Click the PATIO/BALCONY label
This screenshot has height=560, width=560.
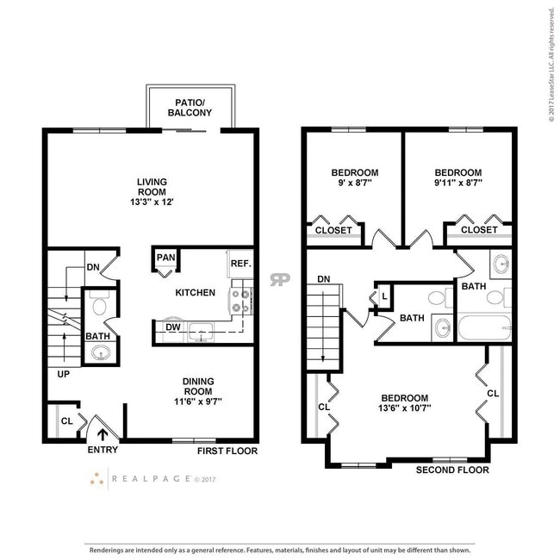click(190, 108)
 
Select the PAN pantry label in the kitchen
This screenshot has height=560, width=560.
click(166, 258)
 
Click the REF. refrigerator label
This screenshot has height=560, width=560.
click(240, 264)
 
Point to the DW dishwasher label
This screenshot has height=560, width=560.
click(171, 327)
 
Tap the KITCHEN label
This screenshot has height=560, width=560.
click(195, 293)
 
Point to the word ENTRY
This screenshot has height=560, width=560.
click(103, 451)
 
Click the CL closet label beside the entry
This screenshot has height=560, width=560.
click(65, 421)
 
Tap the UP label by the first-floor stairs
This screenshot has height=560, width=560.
click(63, 375)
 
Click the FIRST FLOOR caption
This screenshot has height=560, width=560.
click(227, 451)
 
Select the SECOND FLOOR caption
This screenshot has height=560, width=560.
click(452, 470)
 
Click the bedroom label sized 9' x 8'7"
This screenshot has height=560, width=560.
click(354, 177)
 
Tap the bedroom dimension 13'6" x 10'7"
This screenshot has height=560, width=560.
click(405, 408)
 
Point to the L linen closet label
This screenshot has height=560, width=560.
click(384, 297)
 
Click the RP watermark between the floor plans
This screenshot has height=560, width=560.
click(279, 279)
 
